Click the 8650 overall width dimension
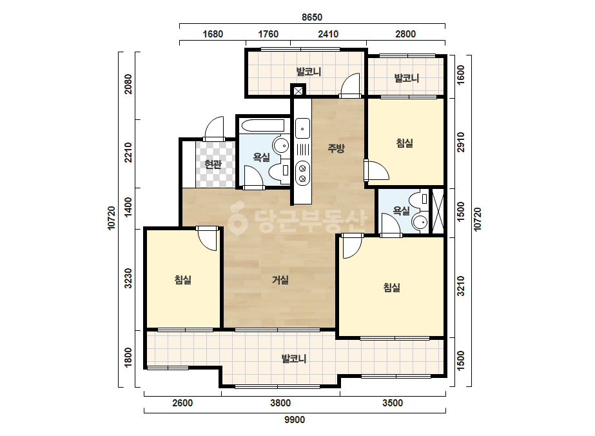click(312, 17)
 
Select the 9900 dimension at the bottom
click(295, 420)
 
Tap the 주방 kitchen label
click(337, 148)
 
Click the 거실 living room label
click(280, 280)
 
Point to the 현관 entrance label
click(213, 164)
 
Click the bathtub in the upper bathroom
click(262, 126)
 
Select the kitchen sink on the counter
click(302, 128)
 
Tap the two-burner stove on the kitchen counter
click(302, 173)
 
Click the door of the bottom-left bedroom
click(207, 239)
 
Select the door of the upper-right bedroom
click(376, 170)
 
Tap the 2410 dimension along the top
click(328, 34)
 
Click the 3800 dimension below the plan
click(280, 403)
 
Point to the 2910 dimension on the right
click(461, 142)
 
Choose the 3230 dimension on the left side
click(128, 278)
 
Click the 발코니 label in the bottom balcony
click(294, 359)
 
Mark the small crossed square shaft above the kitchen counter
click(298, 91)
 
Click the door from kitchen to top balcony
click(349, 85)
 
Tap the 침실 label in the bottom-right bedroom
click(391, 288)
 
